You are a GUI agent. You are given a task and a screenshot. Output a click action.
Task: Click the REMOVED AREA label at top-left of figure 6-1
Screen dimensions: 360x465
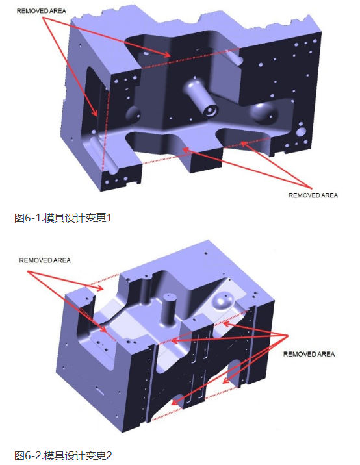(41, 11)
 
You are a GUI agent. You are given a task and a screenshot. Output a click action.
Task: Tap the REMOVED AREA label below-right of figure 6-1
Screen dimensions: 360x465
(313, 195)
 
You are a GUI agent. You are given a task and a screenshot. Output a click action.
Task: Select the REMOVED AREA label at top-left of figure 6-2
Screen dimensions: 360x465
(45, 260)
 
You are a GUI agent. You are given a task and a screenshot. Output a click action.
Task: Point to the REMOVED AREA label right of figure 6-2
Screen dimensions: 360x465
(309, 354)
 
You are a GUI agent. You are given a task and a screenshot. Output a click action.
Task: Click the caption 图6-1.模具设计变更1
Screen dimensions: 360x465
(63, 218)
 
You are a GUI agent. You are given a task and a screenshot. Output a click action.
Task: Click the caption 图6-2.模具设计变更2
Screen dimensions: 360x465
(63, 455)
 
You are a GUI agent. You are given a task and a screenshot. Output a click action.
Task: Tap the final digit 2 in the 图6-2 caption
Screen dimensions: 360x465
(109, 455)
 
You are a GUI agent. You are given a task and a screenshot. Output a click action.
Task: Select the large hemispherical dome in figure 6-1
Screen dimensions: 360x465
(263, 113)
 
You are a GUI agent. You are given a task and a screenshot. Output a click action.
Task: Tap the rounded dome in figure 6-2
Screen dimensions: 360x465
(223, 301)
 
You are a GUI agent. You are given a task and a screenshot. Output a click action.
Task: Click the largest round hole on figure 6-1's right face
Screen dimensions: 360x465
(302, 131)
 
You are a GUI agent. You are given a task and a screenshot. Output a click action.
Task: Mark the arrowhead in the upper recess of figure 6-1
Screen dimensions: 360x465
(168, 55)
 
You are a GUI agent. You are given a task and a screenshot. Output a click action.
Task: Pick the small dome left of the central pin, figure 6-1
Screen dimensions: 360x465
(133, 114)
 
